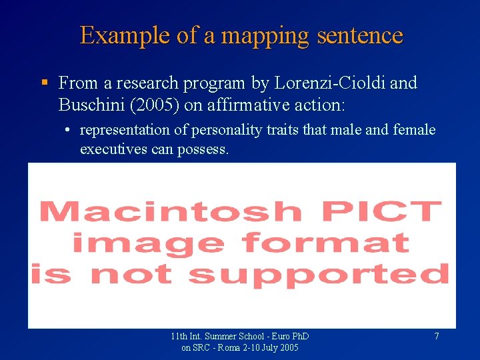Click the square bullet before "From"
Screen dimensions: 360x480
click(x=44, y=83)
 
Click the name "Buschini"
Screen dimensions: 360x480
click(x=90, y=105)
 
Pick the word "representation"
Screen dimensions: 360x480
click(x=125, y=130)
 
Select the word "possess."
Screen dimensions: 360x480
click(x=203, y=149)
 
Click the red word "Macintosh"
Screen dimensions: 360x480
click(x=171, y=211)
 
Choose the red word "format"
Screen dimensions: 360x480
click(x=326, y=242)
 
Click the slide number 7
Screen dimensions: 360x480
click(x=437, y=337)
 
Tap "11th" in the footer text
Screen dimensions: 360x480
click(x=179, y=337)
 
